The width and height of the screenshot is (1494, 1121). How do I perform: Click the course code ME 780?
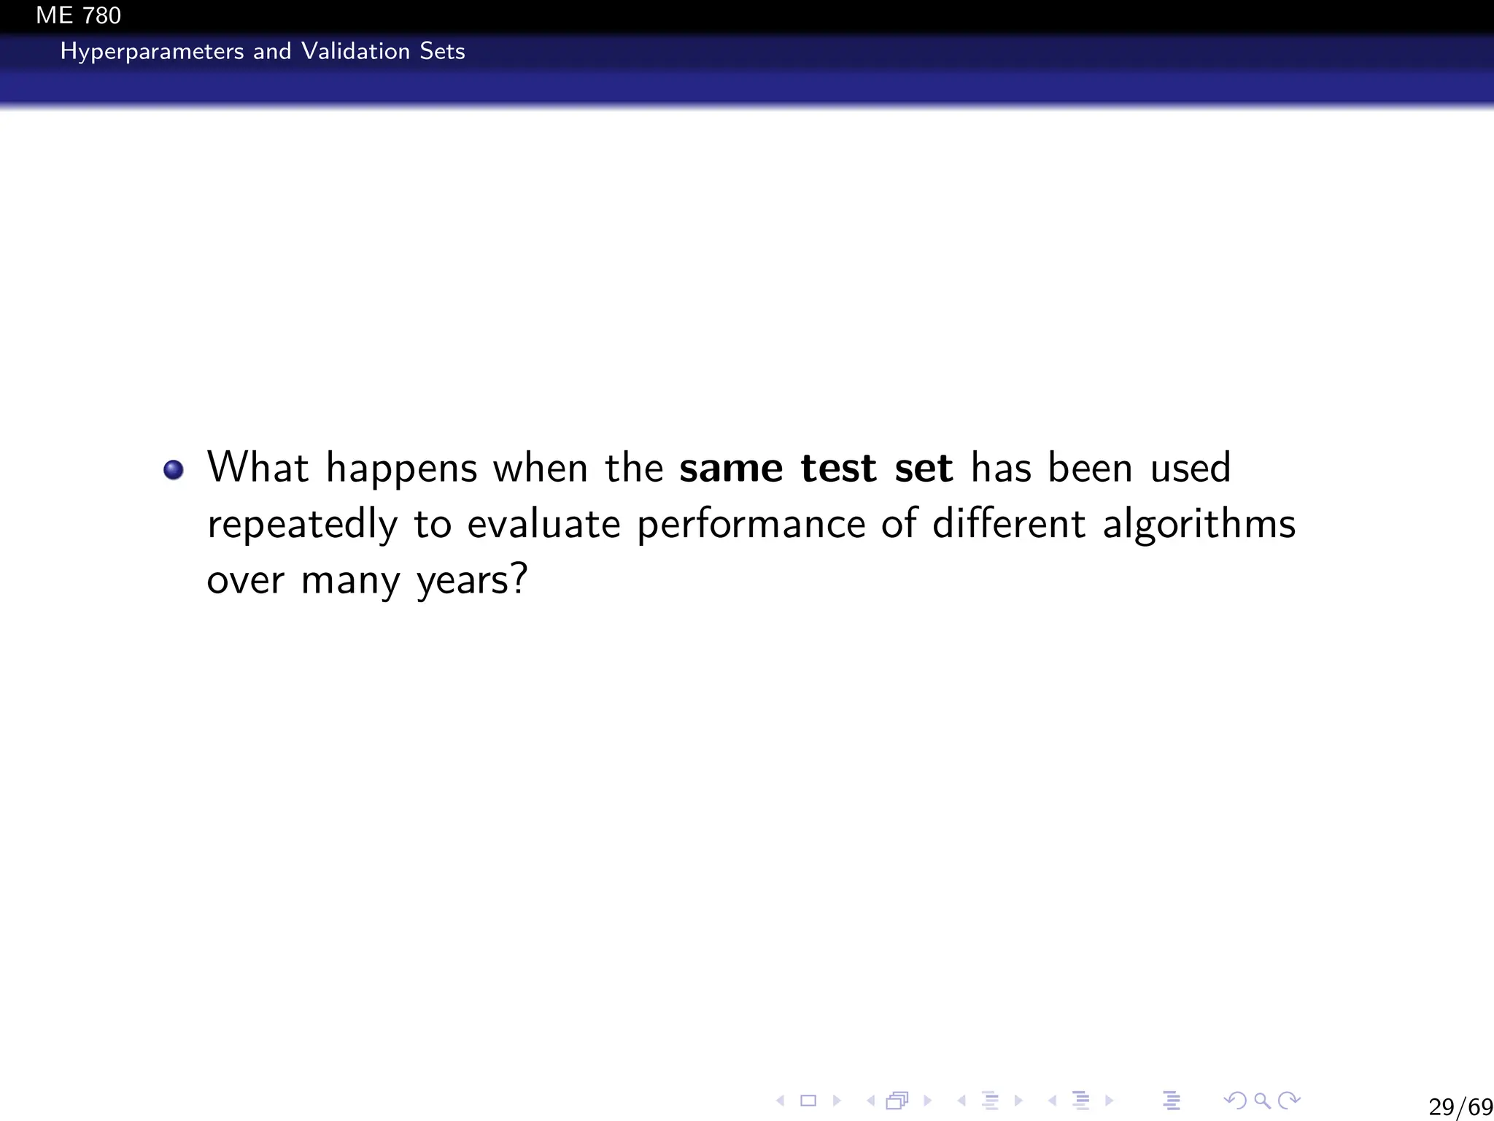(78, 15)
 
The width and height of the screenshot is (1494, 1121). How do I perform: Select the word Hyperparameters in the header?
(152, 52)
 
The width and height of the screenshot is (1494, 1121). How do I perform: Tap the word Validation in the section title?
(355, 51)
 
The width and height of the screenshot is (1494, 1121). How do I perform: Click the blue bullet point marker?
(174, 469)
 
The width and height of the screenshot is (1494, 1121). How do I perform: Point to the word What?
(258, 467)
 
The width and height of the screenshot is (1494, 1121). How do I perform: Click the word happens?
(401, 469)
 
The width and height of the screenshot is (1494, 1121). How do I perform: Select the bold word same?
(731, 468)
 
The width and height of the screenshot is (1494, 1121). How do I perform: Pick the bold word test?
(838, 468)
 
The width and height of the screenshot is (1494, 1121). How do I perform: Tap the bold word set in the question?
(924, 468)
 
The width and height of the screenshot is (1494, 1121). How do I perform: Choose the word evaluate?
(543, 524)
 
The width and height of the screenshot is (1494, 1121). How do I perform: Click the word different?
(1009, 524)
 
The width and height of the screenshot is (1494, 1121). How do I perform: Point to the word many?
(350, 582)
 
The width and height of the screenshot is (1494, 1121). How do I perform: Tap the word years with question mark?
(471, 582)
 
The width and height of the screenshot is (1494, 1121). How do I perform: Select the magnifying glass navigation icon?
(1262, 1100)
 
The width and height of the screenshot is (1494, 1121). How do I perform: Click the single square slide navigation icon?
(808, 1100)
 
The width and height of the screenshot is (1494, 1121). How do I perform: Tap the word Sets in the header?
(442, 51)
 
